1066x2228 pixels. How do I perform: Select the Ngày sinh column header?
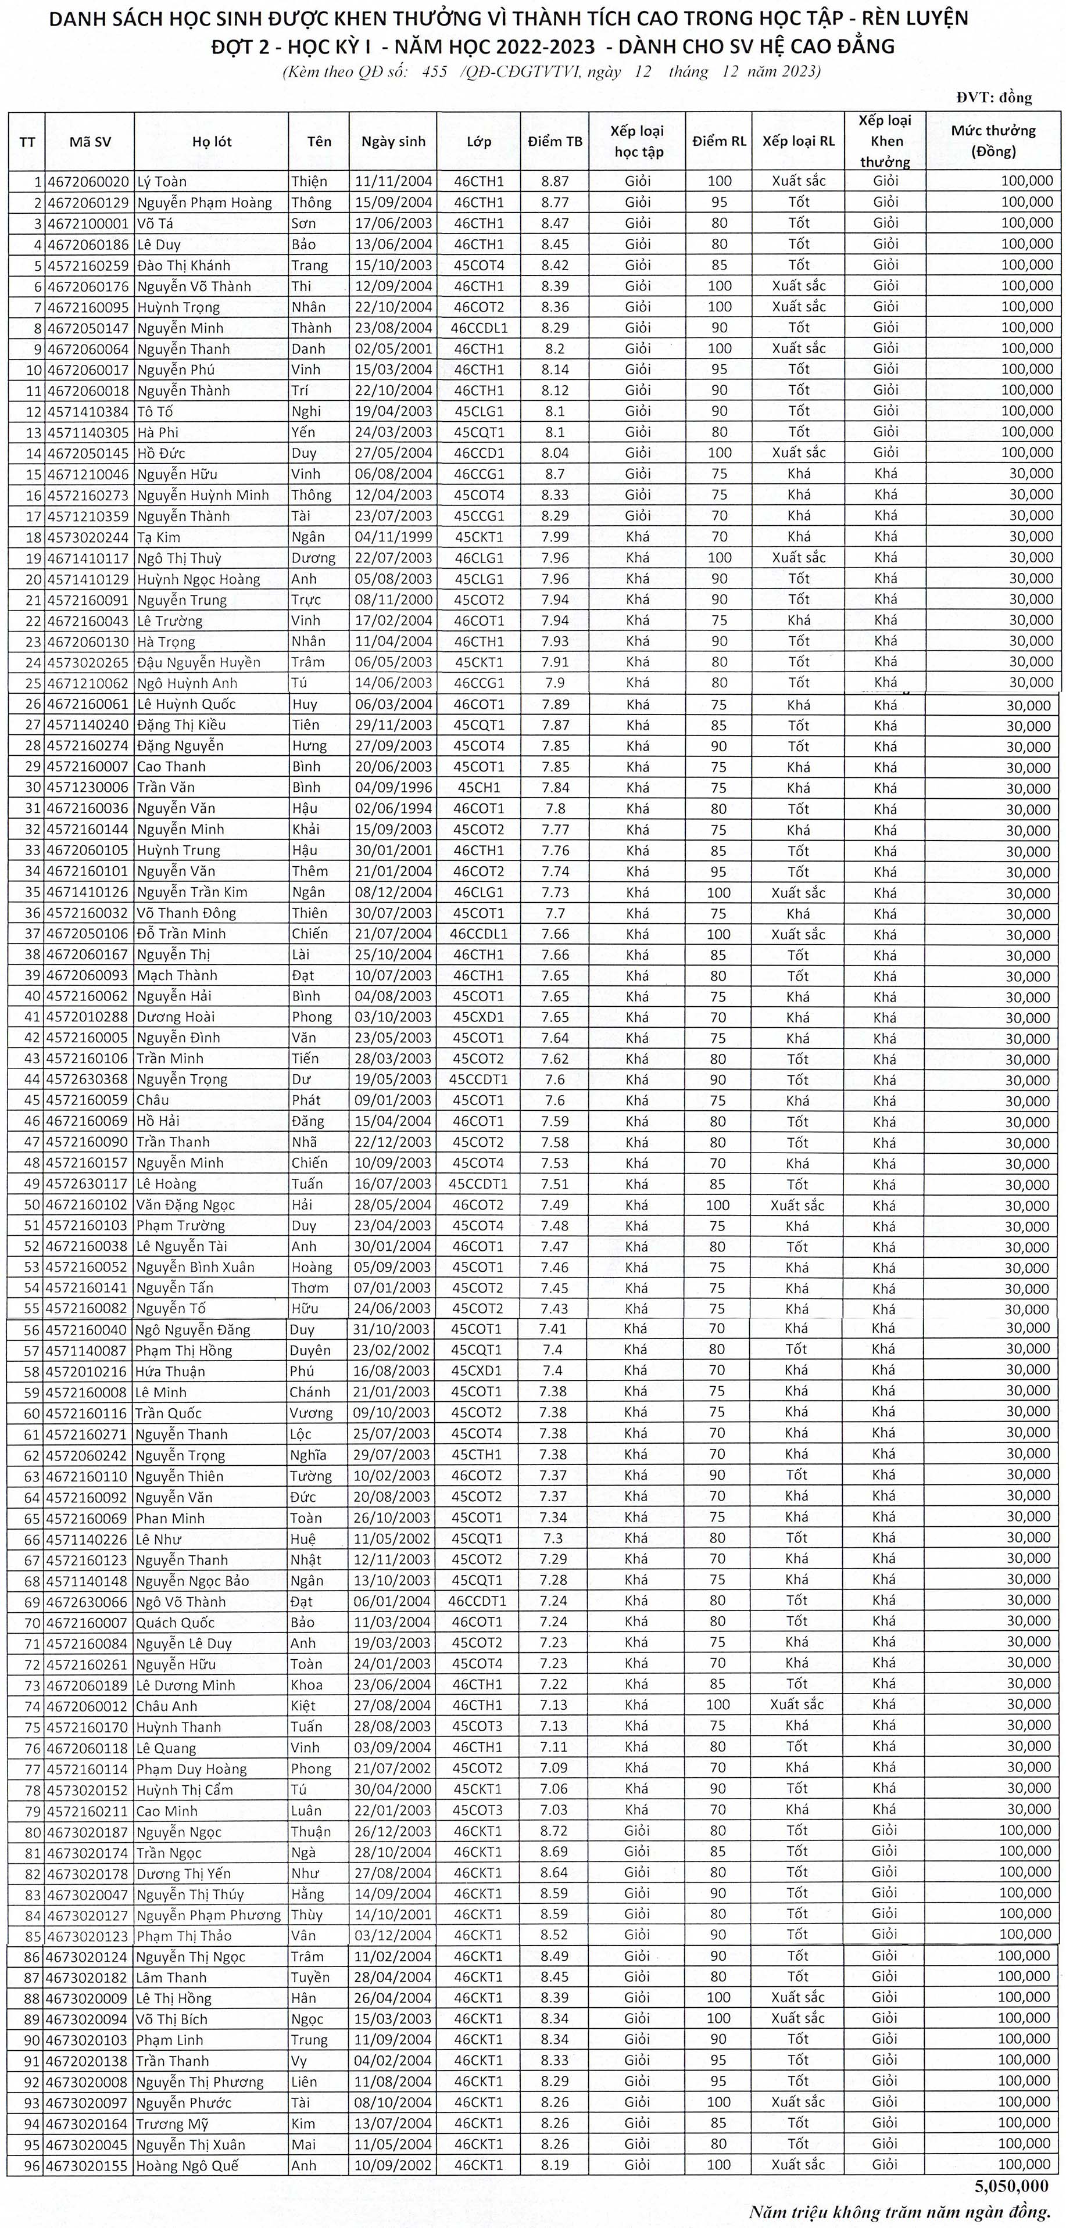[393, 142]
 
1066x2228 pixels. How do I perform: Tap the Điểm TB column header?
[555, 142]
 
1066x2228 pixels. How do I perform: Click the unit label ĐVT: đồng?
[994, 98]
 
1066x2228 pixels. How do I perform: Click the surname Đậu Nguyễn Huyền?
[198, 662]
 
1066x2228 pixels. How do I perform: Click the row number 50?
[33, 1205]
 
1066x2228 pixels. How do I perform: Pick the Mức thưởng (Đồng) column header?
[993, 141]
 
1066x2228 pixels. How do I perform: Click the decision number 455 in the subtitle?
[434, 72]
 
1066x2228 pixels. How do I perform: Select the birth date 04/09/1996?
[393, 787]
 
